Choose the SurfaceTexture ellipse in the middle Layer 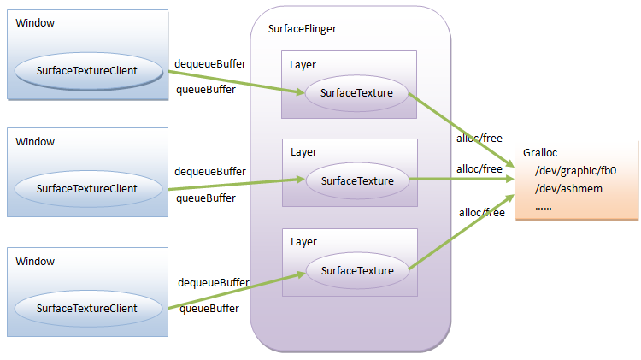click(357, 180)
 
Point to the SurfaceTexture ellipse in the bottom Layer click(357, 270)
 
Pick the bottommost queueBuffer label click(209, 309)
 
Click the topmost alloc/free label click(479, 138)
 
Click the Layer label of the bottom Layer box click(303, 242)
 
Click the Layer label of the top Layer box click(303, 64)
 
